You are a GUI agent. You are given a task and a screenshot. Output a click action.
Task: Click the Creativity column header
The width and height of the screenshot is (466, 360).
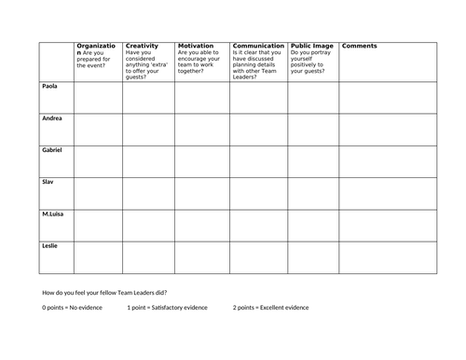pos(142,45)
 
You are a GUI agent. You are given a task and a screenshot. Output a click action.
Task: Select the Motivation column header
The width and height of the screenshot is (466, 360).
pos(196,45)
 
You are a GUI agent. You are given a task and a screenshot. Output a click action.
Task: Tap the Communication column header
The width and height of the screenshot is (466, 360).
pos(258,45)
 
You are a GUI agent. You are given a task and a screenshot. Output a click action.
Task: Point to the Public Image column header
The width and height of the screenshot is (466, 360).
pos(312,45)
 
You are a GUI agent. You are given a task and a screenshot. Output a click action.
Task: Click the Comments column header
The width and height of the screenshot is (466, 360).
pos(360,45)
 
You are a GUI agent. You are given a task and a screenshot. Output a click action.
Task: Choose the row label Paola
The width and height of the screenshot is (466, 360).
pos(49,87)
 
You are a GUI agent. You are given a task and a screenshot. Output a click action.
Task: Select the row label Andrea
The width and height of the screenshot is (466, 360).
pos(51,118)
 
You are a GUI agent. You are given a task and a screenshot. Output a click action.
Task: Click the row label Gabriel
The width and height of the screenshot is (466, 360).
pos(52,150)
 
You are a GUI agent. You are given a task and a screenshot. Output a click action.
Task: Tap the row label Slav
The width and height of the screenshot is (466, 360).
pos(48,182)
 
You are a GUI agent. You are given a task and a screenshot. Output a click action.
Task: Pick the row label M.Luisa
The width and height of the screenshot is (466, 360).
pos(53,214)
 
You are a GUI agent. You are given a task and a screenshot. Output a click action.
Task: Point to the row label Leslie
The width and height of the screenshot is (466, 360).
pos(50,245)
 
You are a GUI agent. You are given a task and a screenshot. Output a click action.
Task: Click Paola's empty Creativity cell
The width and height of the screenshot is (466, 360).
pos(148,97)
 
